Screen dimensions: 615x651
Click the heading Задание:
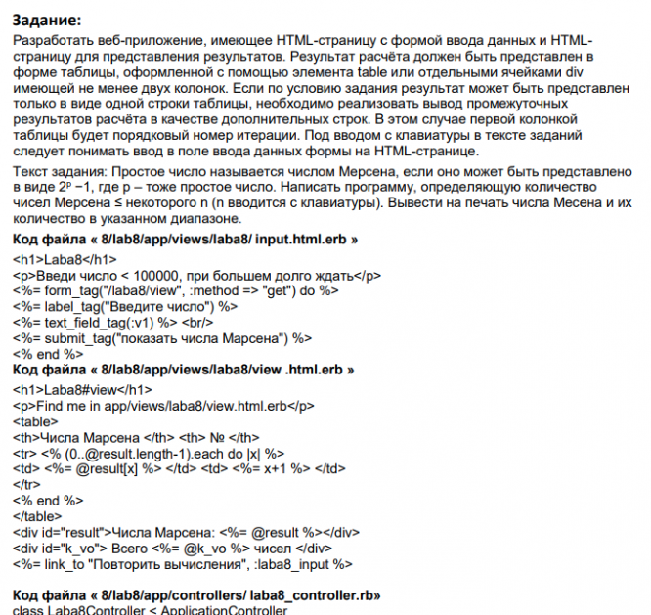point(48,19)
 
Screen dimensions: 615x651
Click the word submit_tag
point(75,337)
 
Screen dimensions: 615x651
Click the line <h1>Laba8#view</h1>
point(69,389)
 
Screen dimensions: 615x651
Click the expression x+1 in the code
point(296,468)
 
